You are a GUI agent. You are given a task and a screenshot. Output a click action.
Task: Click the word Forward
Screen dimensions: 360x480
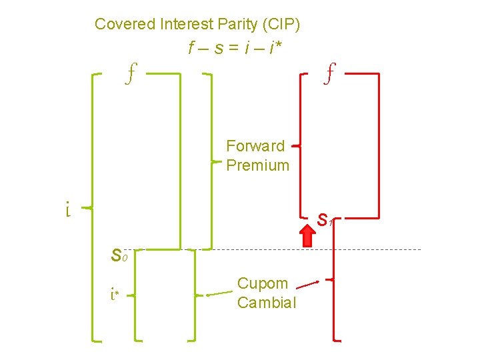pyautogui.click(x=255, y=146)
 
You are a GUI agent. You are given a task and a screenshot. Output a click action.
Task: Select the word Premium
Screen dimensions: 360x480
pyautogui.click(x=258, y=165)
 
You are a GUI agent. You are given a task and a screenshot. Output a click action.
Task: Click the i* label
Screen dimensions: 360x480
pyautogui.click(x=115, y=293)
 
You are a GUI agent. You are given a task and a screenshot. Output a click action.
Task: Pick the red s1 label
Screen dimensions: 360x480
pyautogui.click(x=325, y=219)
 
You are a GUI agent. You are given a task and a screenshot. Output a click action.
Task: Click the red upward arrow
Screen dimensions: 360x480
pyautogui.click(x=309, y=236)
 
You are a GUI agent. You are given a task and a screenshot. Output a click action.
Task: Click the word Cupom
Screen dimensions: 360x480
pyautogui.click(x=263, y=283)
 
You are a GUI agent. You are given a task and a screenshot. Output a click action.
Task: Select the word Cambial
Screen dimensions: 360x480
pyautogui.click(x=267, y=303)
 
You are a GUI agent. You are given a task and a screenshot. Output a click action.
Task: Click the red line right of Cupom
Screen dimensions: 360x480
pyautogui.click(x=307, y=285)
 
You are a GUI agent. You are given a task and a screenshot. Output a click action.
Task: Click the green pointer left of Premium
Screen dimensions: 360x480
pyautogui.click(x=216, y=161)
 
